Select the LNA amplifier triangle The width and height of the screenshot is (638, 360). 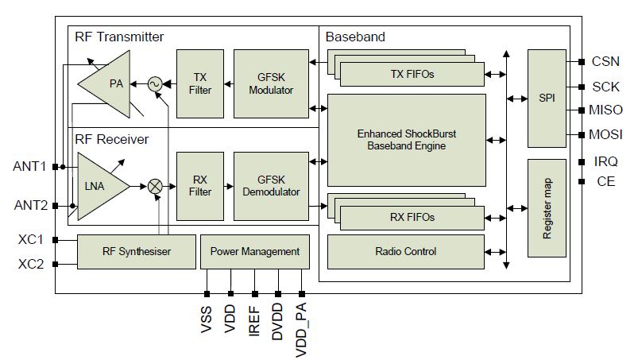click(99, 186)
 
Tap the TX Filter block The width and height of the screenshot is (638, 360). click(199, 83)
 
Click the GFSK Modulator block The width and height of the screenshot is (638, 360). click(271, 83)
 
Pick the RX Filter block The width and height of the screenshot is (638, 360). click(199, 186)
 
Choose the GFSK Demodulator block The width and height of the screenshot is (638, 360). click(271, 186)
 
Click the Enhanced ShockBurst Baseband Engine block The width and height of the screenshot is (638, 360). click(407, 141)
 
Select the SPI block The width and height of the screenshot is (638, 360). click(547, 98)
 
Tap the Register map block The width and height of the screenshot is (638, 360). click(547, 208)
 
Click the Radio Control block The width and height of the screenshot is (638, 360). click(406, 252)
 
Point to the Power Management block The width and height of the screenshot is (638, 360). click(255, 252)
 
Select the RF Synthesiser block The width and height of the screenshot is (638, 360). click(137, 252)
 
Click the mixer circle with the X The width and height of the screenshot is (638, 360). click(155, 187)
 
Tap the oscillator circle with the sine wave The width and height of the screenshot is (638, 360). click(155, 84)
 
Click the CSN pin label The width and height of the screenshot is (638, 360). click(605, 61)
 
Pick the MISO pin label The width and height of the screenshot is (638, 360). click(605, 110)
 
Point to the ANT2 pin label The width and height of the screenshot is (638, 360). click(30, 205)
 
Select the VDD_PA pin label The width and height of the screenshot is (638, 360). click(301, 330)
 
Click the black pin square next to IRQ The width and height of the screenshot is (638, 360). click(582, 162)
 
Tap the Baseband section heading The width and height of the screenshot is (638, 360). click(355, 37)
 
